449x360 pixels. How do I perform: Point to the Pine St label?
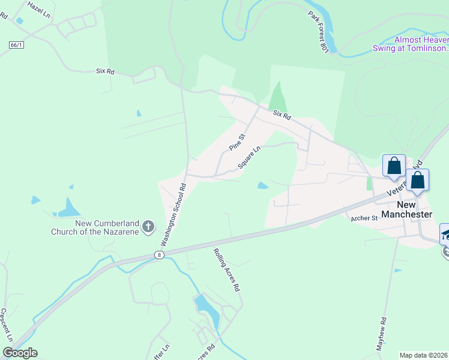pyautogui.click(x=238, y=142)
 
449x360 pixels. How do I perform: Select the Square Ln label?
pyautogui.click(x=249, y=157)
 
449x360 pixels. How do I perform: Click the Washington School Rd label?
pyautogui.click(x=173, y=214)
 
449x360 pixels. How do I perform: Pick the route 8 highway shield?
pyautogui.click(x=159, y=255)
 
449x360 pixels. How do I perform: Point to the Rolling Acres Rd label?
pyautogui.click(x=227, y=270)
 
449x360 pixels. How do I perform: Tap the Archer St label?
pyautogui.click(x=364, y=218)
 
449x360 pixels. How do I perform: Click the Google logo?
pyautogui.click(x=20, y=353)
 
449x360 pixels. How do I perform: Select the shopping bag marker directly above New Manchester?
pyautogui.click(x=417, y=180)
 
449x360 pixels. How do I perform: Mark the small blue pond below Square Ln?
pyautogui.click(x=262, y=185)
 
